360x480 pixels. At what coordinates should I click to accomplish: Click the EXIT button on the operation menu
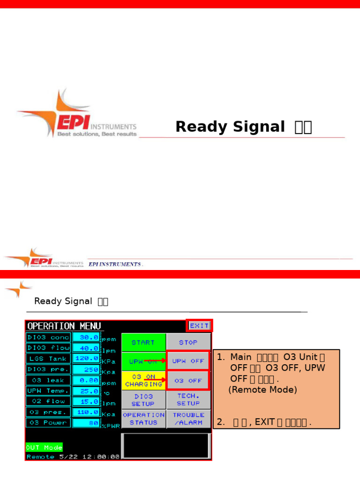click(199, 326)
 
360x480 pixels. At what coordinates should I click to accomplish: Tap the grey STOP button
click(188, 343)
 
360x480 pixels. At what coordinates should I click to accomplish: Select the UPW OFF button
click(188, 361)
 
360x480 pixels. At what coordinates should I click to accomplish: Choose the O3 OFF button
click(188, 381)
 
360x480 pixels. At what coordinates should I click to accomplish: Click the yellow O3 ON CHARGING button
click(143, 381)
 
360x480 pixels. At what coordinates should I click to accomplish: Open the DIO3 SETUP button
click(143, 400)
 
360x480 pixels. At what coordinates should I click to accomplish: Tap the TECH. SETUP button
click(188, 400)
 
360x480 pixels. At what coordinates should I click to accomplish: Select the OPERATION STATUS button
click(143, 419)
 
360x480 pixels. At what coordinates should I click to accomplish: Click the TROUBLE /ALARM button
click(188, 419)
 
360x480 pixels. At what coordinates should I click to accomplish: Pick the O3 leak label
click(48, 380)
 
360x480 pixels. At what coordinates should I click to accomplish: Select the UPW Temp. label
click(48, 390)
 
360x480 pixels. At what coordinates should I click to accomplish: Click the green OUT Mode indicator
click(44, 447)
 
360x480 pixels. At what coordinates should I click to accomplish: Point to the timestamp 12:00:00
click(102, 457)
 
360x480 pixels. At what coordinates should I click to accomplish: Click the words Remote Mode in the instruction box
click(263, 390)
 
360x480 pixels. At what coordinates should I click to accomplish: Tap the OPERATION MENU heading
click(64, 326)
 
